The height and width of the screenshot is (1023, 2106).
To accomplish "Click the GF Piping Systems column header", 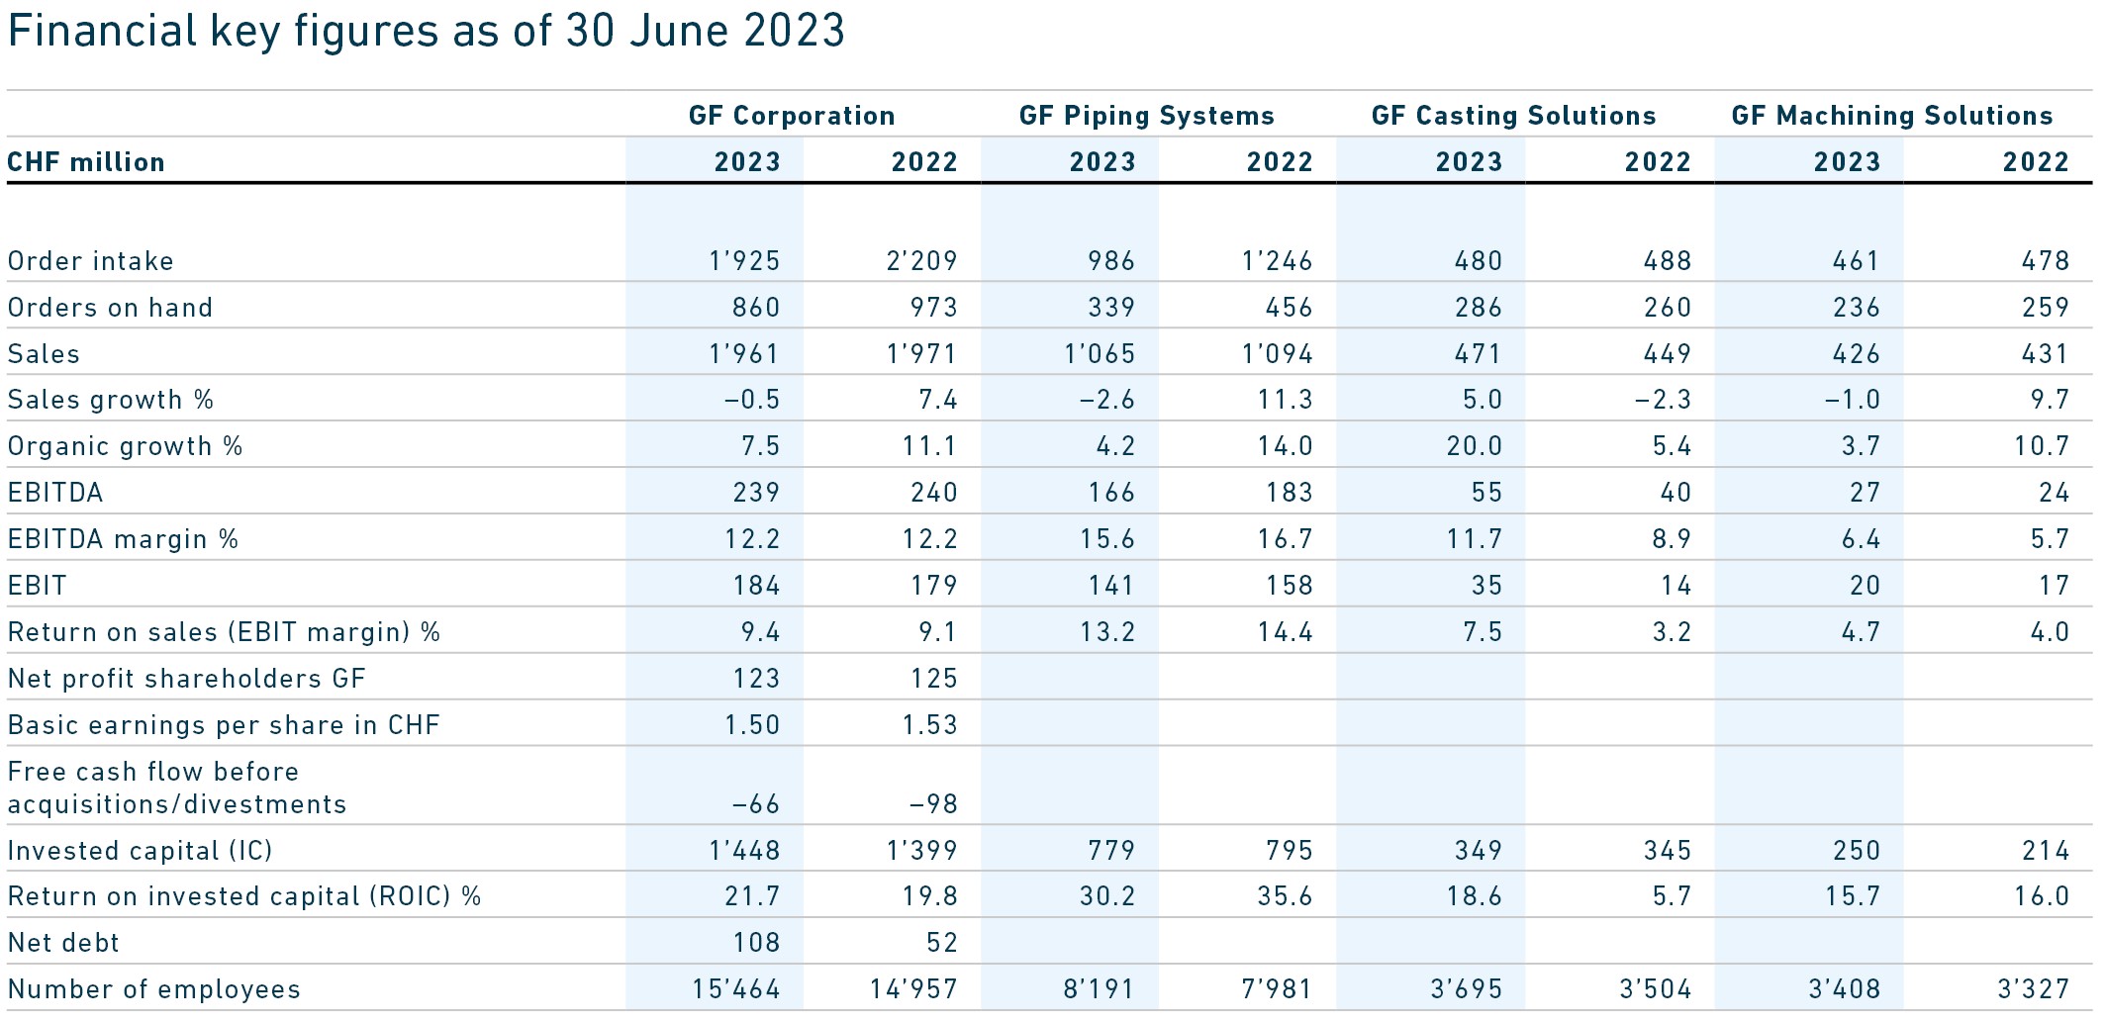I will (1146, 116).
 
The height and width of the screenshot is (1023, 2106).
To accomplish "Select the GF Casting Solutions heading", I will (1513, 116).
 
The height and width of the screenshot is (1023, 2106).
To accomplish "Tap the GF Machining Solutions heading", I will (1891, 116).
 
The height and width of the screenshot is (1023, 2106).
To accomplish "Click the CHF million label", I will (86, 162).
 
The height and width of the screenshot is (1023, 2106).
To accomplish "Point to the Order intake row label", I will (91, 261).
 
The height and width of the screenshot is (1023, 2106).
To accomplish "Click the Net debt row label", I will (63, 943).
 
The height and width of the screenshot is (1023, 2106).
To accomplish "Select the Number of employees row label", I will (154, 989).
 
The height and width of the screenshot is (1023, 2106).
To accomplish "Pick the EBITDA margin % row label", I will (124, 539).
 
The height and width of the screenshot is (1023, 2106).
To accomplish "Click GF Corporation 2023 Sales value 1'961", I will (744, 354).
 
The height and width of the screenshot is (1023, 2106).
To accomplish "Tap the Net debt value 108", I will (756, 943).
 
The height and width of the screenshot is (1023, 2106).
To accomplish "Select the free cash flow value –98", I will (933, 803).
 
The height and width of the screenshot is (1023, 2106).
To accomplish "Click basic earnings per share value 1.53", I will (929, 725).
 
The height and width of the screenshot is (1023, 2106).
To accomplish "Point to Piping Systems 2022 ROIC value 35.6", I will (1285, 896).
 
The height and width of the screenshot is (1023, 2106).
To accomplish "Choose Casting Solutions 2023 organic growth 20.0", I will (1474, 446).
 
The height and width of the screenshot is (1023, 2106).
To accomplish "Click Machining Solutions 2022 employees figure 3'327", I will (2033, 989).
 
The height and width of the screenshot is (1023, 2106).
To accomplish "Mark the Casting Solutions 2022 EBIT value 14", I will (1675, 586).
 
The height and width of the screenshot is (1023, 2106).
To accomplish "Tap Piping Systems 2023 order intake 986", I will (1111, 261).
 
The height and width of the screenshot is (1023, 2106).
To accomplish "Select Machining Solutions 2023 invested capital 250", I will (1856, 851).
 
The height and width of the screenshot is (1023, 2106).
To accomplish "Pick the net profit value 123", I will (756, 679).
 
